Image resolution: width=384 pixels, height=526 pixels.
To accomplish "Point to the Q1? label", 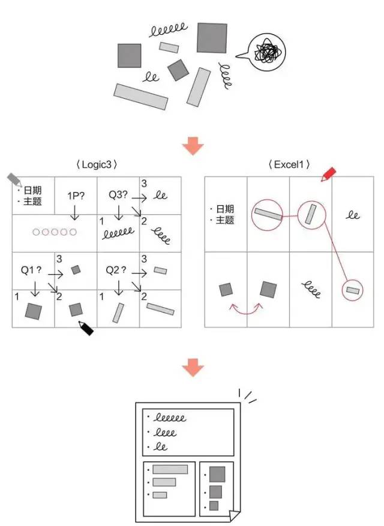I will (32, 270).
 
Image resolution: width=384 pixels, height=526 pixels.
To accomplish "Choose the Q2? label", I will (116, 270).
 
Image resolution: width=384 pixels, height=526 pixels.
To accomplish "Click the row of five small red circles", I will (55, 232).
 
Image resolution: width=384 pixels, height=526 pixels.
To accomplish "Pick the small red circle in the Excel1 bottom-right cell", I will (352, 290).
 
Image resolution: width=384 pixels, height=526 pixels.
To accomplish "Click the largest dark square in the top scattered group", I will (212, 38).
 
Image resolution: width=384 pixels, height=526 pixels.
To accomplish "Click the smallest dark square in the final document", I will (214, 506).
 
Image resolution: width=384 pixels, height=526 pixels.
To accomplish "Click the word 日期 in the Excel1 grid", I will (226, 209).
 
